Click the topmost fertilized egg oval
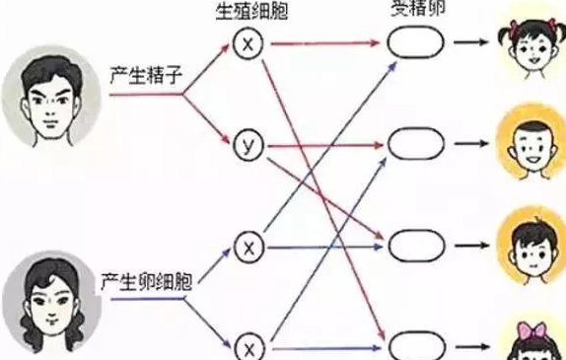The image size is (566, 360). (412, 43)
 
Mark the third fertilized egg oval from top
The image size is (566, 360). (412, 246)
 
